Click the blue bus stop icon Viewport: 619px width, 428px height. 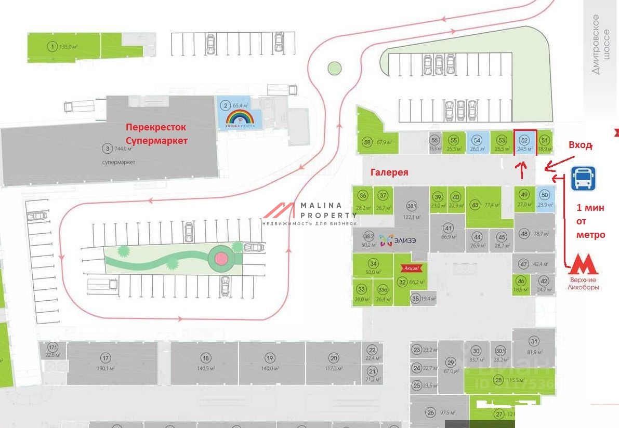pyautogui.click(x=583, y=179)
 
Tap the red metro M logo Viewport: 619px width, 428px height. pyautogui.click(x=583, y=265)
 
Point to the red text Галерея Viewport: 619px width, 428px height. pyautogui.click(x=389, y=172)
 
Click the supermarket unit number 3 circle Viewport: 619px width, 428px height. pyautogui.click(x=108, y=149)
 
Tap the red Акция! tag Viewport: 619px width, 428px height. pyautogui.click(x=409, y=268)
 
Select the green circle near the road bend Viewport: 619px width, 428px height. pyautogui.click(x=334, y=68)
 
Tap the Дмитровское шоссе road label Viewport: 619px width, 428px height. pyautogui.click(x=596, y=44)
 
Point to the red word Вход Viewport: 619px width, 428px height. pyautogui.click(x=580, y=145)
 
